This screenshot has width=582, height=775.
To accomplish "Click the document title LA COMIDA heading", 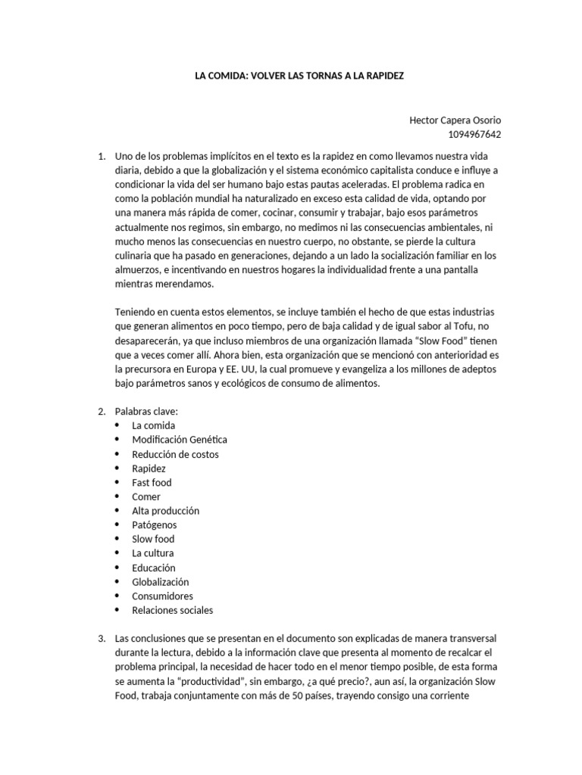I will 301,77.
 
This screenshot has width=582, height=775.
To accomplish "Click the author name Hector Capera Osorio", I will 455,120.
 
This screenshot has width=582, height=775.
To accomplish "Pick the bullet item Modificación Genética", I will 179,440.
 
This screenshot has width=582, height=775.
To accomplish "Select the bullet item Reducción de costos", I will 175,454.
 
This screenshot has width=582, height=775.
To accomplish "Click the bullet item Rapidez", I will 149,468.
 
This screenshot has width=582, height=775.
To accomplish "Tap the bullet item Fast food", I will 152,482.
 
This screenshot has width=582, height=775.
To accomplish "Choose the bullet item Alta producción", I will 165,511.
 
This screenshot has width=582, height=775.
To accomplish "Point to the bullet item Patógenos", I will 154,524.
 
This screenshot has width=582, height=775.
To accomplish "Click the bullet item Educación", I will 153,568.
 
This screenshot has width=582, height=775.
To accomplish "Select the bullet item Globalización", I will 160,582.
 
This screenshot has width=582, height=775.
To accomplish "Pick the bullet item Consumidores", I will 162,596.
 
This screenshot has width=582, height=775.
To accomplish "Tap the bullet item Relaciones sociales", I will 172,610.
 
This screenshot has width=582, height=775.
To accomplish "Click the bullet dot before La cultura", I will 117,553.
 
